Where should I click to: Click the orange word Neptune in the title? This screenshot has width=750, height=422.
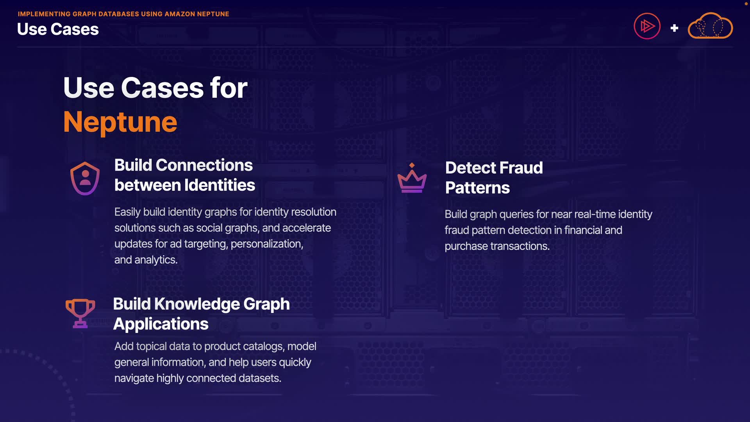(x=120, y=122)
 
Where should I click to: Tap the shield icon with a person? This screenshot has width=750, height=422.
(x=85, y=178)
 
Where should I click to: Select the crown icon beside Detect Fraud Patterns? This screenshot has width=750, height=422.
(x=412, y=179)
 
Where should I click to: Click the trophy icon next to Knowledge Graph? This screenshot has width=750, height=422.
(x=80, y=313)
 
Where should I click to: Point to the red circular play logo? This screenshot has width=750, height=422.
(x=647, y=27)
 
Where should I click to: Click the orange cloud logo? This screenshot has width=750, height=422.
(x=710, y=26)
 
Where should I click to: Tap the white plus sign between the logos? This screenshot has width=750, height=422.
(x=674, y=28)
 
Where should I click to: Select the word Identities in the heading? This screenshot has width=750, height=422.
(x=220, y=185)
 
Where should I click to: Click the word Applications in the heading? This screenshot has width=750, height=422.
(x=161, y=324)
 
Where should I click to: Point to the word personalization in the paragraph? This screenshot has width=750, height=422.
(x=267, y=244)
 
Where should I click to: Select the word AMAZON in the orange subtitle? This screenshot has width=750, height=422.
(x=180, y=14)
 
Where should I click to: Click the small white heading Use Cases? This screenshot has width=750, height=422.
(x=58, y=29)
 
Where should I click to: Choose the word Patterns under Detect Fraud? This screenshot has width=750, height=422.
(x=477, y=188)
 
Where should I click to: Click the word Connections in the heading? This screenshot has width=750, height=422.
(x=204, y=165)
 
